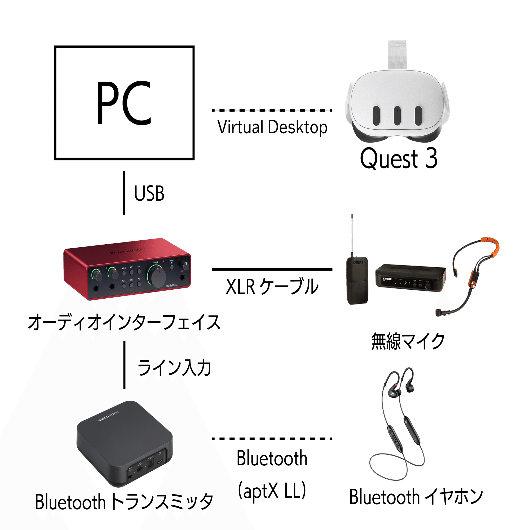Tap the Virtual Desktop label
272,127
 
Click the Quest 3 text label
399,158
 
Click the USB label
149,193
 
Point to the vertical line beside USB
124,193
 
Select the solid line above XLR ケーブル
272,270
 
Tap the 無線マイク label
408,341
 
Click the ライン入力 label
174,368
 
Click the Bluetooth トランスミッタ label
124,502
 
